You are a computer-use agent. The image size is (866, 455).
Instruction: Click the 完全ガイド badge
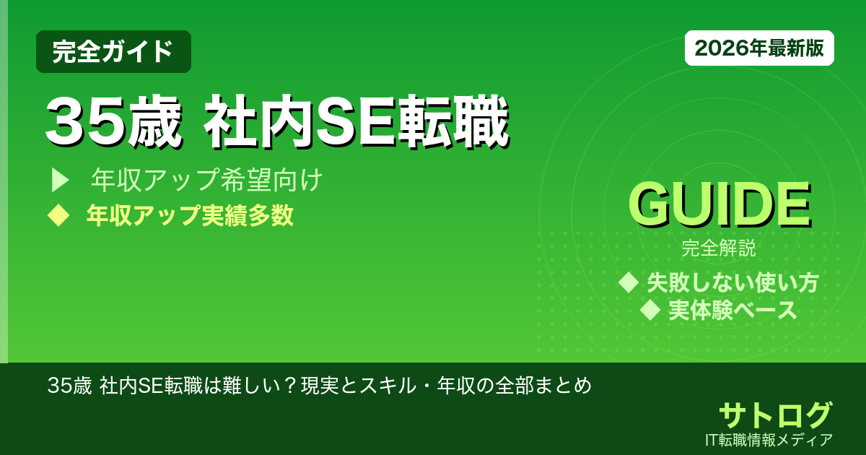pos(113,51)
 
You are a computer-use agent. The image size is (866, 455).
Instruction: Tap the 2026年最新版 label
pos(759,48)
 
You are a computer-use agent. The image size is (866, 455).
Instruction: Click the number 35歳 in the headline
pos(113,123)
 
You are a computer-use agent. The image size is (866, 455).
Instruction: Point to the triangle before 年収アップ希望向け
pos(59,180)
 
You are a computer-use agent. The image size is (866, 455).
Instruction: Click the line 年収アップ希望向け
pos(206,180)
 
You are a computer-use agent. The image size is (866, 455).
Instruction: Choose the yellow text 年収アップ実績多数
pos(190,215)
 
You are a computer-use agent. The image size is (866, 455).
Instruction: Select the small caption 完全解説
pos(719,250)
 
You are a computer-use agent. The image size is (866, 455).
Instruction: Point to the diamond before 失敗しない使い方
pos(629,282)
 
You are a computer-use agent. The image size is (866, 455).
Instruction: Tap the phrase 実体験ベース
pos(732,311)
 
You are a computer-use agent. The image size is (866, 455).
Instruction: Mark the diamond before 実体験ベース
pos(651,311)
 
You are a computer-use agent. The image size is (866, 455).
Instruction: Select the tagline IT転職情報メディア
pos(771,439)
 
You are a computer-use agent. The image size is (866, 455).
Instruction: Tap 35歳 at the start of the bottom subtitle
pos(69,386)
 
